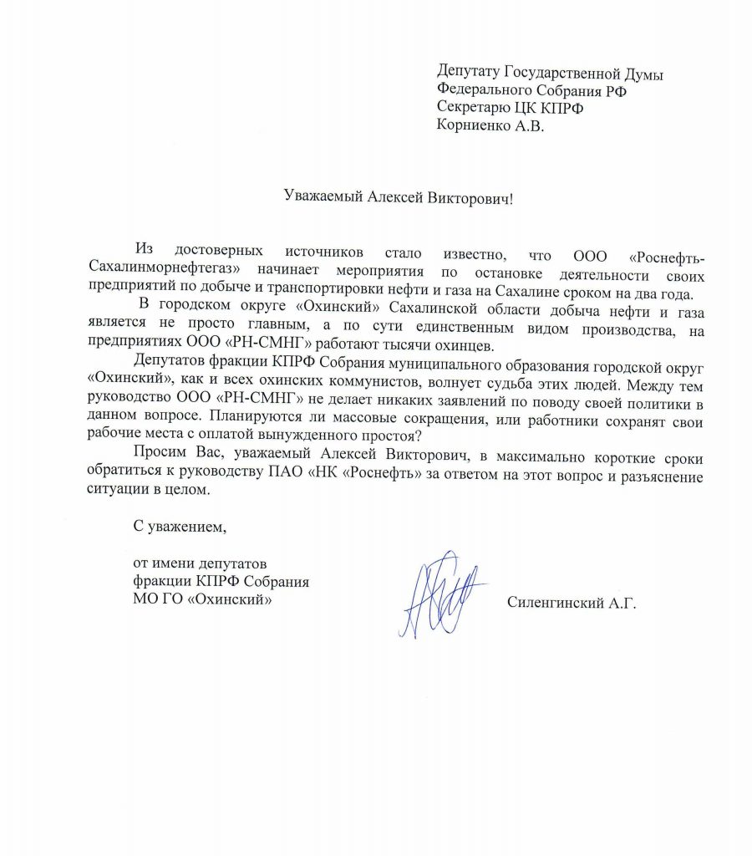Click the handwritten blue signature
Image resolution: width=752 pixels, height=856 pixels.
pyautogui.click(x=438, y=594)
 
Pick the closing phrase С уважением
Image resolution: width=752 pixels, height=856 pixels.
pyautogui.click(x=180, y=527)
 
